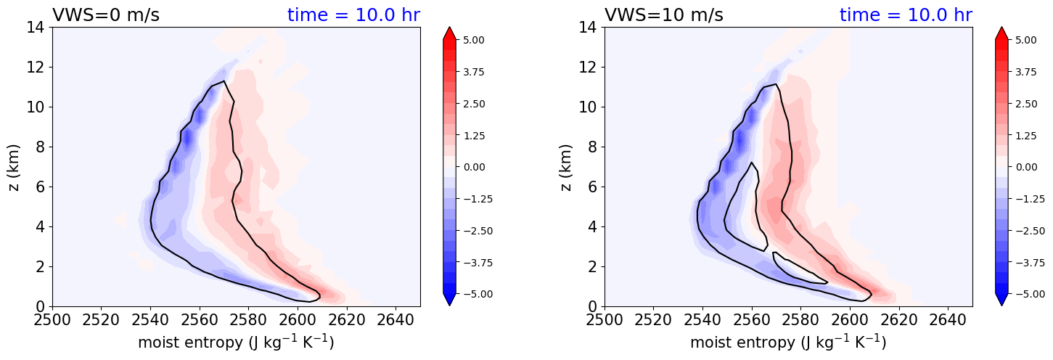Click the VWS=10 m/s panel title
[663, 15]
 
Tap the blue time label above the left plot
[353, 15]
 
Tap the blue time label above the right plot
[906, 15]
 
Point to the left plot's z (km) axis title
[14, 167]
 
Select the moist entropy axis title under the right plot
[788, 342]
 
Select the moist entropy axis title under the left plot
[236, 342]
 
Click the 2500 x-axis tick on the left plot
[52, 319]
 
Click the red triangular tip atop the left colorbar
[449, 33]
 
